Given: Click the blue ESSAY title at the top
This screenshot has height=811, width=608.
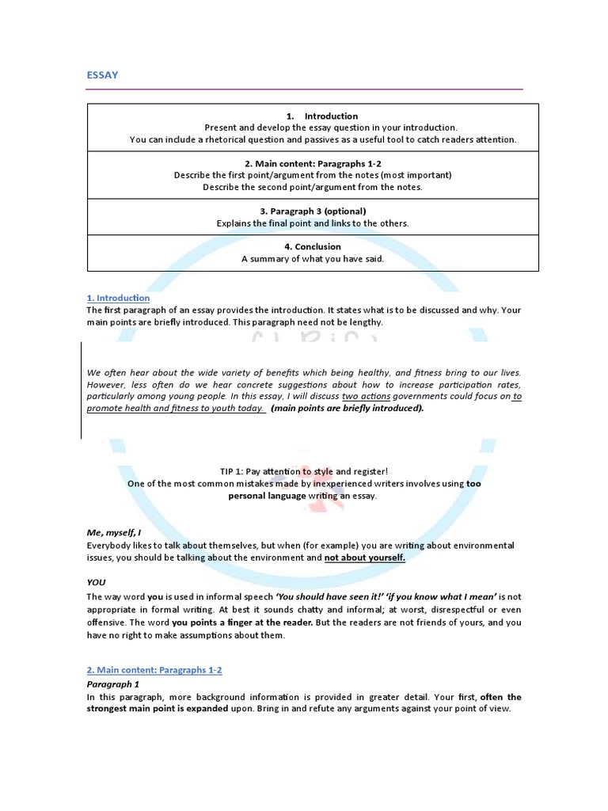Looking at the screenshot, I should click(102, 75).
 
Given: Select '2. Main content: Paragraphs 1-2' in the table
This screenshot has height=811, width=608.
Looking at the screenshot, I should click(313, 163).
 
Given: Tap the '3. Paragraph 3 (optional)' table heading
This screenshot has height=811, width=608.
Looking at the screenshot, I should click(313, 211).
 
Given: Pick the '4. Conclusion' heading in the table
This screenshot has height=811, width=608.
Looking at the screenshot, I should click(313, 247).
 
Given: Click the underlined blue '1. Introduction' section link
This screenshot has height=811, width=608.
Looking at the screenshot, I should click(118, 298).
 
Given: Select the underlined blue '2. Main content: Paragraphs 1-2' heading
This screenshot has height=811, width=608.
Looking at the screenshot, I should click(154, 670).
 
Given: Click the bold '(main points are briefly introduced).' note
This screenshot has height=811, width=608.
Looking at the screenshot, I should click(348, 409).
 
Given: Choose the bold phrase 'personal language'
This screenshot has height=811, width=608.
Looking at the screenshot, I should click(266, 495).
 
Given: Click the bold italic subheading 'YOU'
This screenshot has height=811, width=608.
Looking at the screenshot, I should click(96, 582).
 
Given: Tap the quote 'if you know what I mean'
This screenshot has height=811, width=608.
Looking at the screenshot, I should click(440, 596).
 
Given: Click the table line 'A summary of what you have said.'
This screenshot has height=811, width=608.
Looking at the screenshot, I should click(313, 259).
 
